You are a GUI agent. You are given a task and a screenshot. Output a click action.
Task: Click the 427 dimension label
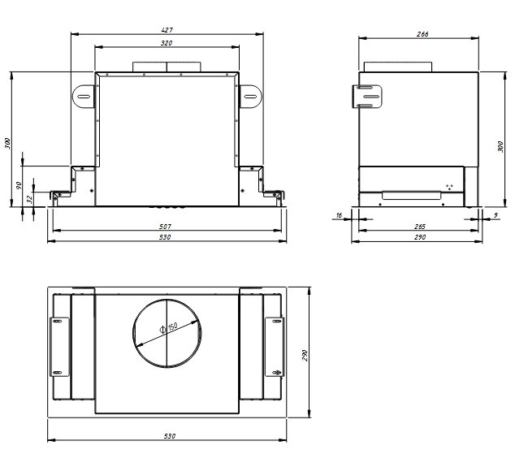(167, 30)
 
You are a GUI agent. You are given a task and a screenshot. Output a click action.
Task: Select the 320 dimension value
(167, 43)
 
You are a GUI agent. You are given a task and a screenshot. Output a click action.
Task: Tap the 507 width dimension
(165, 227)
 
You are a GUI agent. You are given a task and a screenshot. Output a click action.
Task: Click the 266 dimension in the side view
(422, 34)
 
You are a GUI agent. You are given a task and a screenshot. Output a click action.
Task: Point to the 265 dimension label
(420, 227)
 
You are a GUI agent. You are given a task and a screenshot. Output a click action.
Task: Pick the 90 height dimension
(19, 185)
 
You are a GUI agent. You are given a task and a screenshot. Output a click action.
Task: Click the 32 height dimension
(29, 199)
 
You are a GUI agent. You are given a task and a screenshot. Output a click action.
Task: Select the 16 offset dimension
(339, 215)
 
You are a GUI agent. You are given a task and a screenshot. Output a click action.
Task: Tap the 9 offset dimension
(496, 215)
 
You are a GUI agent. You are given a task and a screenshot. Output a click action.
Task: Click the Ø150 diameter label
(168, 327)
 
